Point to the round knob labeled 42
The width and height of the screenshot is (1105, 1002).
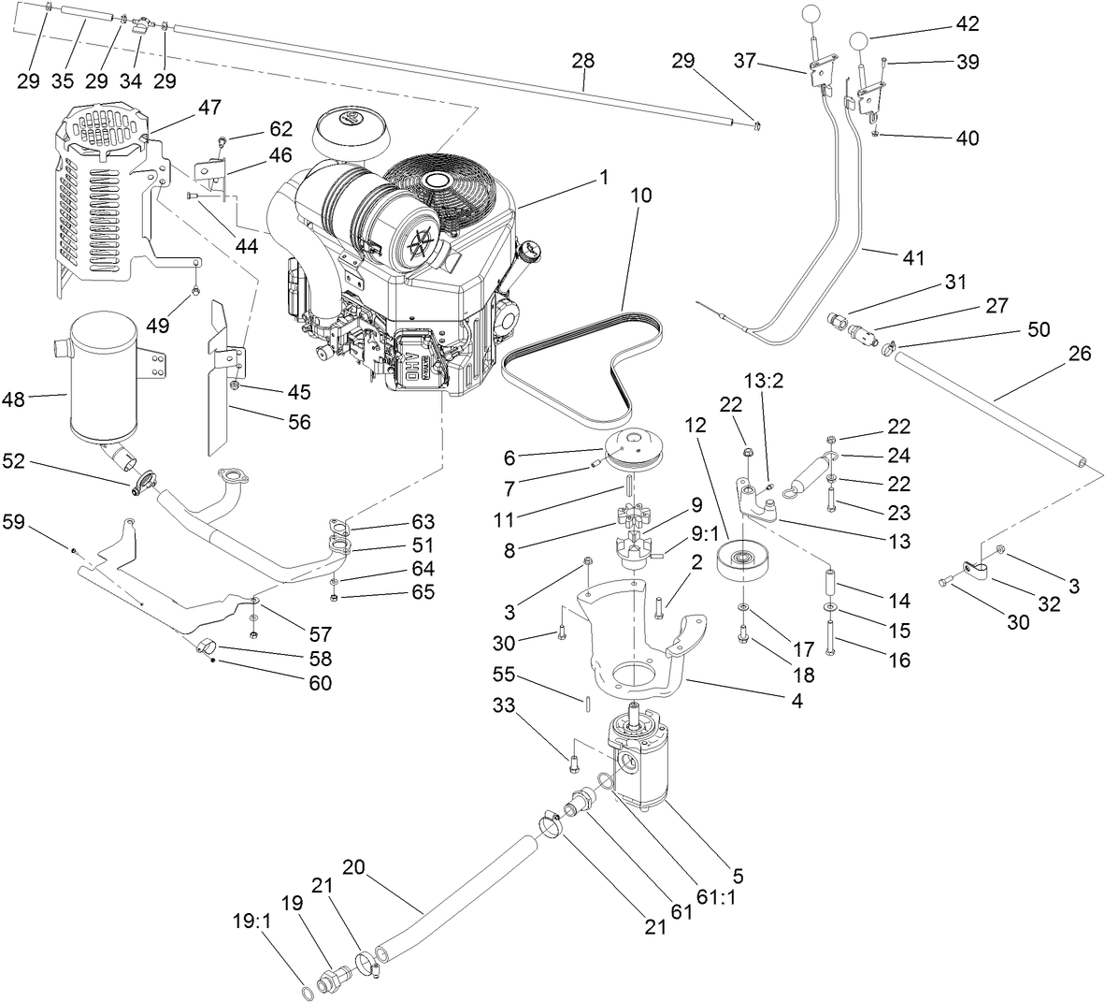pyautogui.click(x=861, y=42)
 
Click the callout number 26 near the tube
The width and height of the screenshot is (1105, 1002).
pyautogui.click(x=1079, y=355)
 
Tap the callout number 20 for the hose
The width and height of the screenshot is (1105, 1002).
pyautogui.click(x=352, y=866)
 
